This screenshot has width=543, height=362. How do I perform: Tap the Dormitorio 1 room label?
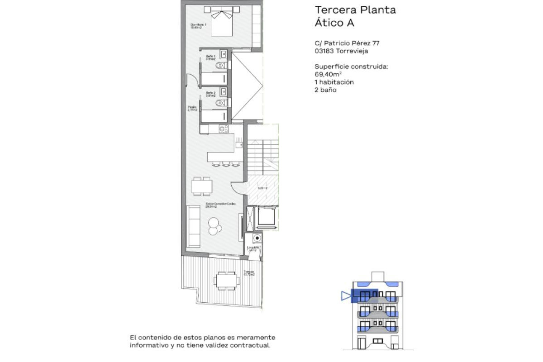coord(198,26)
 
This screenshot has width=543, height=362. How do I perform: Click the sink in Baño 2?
coord(223,91)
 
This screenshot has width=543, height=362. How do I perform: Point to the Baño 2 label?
coord(210,94)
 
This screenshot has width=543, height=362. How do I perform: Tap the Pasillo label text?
coord(192,108)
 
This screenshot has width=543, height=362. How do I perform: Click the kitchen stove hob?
coord(223,129)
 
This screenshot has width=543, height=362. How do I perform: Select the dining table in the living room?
coord(201,186)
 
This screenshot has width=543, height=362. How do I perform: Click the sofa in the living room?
coord(194,226)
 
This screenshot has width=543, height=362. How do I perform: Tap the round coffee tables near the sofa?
coord(215,225)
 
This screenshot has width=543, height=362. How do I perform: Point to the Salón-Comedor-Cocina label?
coord(221,205)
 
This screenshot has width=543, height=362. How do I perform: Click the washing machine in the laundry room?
coord(257,238)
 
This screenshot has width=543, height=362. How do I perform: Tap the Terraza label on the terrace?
coord(249,273)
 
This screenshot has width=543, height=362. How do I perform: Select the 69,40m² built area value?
coord(328,74)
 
